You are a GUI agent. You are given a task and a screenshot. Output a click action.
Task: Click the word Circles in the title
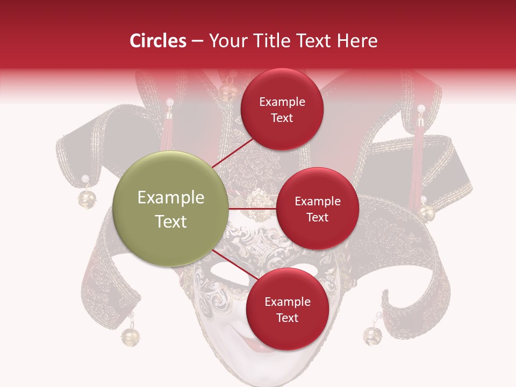coord(158,41)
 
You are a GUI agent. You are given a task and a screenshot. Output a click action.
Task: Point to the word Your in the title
coord(228,41)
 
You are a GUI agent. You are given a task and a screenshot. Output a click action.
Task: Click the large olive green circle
coord(171,209)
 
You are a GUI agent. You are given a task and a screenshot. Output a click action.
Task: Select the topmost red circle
coord(282,110)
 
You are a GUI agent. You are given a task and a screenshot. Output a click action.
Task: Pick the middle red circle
coord(317,209)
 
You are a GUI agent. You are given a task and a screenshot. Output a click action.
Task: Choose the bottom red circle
coord(287,309)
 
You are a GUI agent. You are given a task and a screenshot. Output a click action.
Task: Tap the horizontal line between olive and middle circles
coord(253,209)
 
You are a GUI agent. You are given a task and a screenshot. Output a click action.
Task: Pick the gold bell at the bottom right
coord(371,335)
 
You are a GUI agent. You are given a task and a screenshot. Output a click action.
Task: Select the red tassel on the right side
coord(416,167)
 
